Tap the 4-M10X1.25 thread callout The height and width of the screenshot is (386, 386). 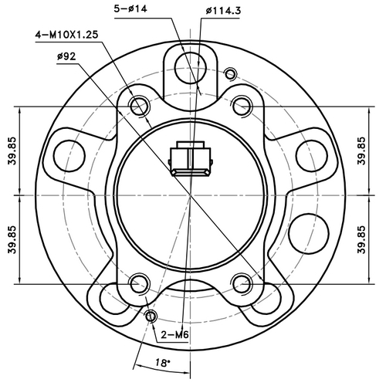pos(68,36)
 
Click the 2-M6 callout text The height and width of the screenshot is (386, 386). pos(174,334)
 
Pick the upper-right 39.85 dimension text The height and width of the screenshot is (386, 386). pos(362,151)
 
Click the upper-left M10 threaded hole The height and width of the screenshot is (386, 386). pos(140,104)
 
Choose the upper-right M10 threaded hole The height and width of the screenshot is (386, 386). pos(242,104)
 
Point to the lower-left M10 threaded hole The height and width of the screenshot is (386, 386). pos(140,283)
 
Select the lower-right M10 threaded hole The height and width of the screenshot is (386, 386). pos(242,283)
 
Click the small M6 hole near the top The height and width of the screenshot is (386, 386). pos(229,74)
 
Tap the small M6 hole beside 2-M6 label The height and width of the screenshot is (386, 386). pos(151,317)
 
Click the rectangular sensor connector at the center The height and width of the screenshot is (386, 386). pos(191,157)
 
